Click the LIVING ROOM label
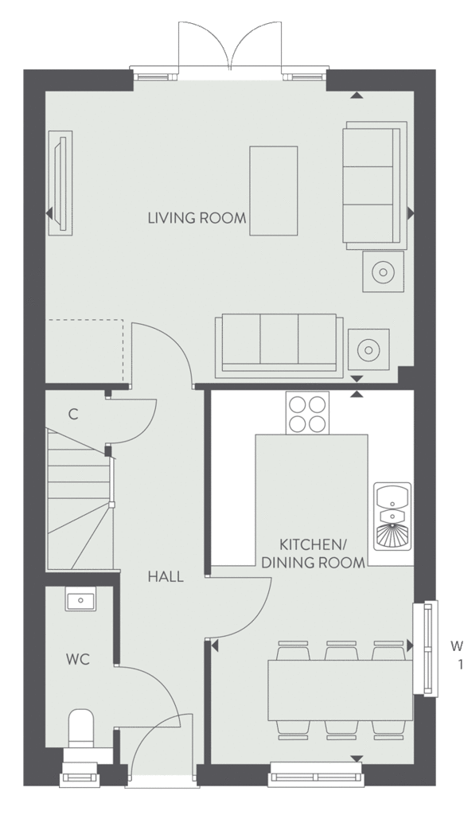tap(197, 218)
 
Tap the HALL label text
tap(166, 576)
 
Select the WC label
tap(78, 660)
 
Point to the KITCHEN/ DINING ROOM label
tap(313, 554)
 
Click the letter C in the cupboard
tap(73, 414)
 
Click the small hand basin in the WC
tap(80, 600)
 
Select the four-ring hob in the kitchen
tap(307, 413)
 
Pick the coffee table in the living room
tap(273, 191)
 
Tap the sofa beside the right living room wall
tap(374, 182)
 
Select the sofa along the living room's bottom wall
tap(279, 345)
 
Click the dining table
tap(341, 690)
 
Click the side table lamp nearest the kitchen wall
tap(369, 350)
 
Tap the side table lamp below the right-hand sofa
tap(384, 271)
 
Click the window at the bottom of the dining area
tap(315, 777)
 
